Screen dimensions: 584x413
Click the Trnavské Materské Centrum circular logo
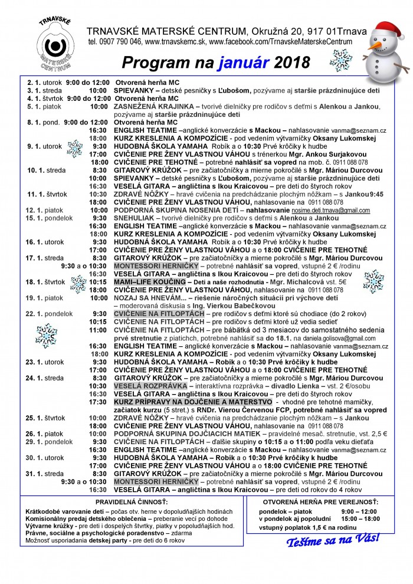[x=54, y=47]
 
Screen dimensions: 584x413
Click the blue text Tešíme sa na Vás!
[x=333, y=540]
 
